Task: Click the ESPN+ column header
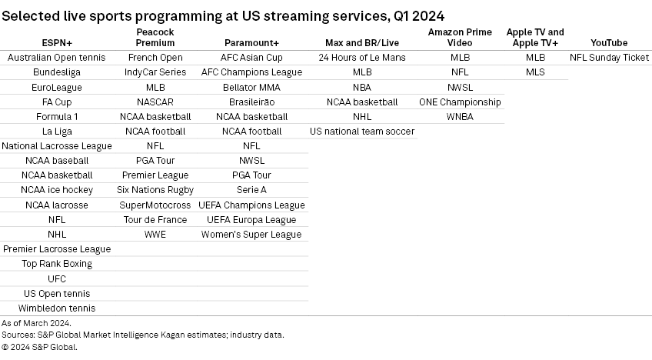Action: coord(57,43)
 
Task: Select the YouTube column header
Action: coord(609,43)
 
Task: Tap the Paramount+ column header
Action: coord(252,43)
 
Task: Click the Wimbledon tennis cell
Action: coord(57,308)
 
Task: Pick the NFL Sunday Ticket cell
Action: coord(609,58)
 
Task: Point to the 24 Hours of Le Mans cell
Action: coord(362,58)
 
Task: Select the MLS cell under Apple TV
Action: coord(535,72)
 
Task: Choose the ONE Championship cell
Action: coord(460,102)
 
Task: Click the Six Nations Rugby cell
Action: coord(155,190)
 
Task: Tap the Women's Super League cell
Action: coord(252,235)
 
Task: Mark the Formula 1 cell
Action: coord(57,117)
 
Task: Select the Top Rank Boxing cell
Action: coord(57,264)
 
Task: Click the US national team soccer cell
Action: coord(362,132)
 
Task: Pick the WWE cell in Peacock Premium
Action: coord(155,235)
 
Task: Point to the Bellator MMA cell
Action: coord(252,87)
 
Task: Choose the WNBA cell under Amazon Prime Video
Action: coord(460,117)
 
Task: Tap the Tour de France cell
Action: coord(155,220)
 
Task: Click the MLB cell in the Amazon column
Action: coord(460,58)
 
